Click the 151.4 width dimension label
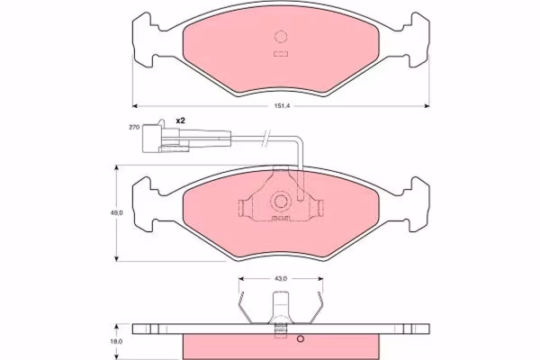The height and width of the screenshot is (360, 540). coord(282,106)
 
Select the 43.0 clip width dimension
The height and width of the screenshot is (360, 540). coord(281,278)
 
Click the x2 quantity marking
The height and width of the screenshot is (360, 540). coord(181,121)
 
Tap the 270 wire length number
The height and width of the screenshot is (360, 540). coord(134,127)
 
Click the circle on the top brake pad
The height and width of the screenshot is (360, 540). coord(281,37)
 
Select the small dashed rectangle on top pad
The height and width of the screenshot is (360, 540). coord(281,54)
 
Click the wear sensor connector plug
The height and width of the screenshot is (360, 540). coord(166,137)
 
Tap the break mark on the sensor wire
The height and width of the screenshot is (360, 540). coord(266,139)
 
